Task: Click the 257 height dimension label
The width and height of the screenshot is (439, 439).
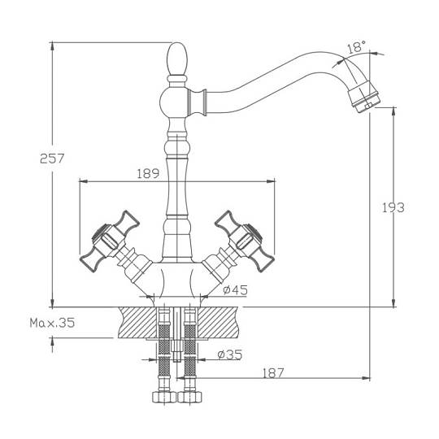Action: (x=52, y=159)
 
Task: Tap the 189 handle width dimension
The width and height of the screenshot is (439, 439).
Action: (x=148, y=174)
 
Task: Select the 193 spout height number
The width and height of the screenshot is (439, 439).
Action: (x=393, y=207)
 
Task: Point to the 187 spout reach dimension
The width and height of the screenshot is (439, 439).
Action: (x=273, y=373)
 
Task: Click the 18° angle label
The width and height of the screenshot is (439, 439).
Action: (x=357, y=47)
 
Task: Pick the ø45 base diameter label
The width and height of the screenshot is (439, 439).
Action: (x=236, y=289)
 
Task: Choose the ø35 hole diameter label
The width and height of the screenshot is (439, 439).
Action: (x=229, y=354)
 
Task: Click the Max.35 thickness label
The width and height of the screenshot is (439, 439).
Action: (x=52, y=323)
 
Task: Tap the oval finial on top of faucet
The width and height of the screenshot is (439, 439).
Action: (x=176, y=59)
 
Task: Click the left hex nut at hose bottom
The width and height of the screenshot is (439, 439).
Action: (x=164, y=397)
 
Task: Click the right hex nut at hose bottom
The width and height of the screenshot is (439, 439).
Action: (x=189, y=397)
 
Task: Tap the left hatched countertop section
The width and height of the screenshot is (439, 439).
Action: (x=137, y=322)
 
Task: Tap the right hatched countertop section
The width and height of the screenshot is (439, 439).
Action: (x=219, y=322)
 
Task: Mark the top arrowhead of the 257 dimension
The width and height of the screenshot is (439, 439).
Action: (x=52, y=47)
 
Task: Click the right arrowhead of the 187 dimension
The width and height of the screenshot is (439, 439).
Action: (x=365, y=378)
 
